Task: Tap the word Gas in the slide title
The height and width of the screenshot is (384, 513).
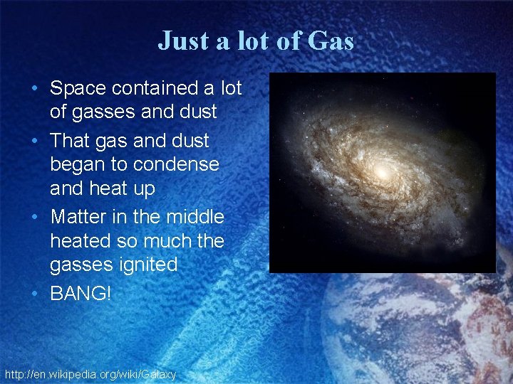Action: pos(331,41)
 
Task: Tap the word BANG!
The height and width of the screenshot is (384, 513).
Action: pos(81,292)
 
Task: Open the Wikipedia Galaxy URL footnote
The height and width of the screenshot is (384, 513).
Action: pos(90,373)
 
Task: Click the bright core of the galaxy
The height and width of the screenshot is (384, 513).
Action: pos(381,171)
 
